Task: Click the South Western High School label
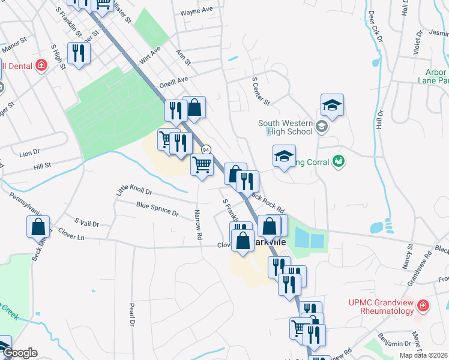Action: [x=286, y=127]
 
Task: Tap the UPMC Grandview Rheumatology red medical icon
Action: [x=424, y=306]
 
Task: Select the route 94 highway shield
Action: [x=206, y=149]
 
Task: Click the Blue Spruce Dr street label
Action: [x=157, y=209]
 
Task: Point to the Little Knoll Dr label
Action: [x=134, y=191]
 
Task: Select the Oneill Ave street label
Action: [x=173, y=81]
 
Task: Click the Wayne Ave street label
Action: [x=197, y=11]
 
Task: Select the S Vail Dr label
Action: [x=86, y=223]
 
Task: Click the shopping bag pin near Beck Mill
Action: [x=38, y=227]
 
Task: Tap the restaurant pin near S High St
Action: [x=79, y=53]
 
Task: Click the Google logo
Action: [x=19, y=353]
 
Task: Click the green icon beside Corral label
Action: [x=339, y=160]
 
